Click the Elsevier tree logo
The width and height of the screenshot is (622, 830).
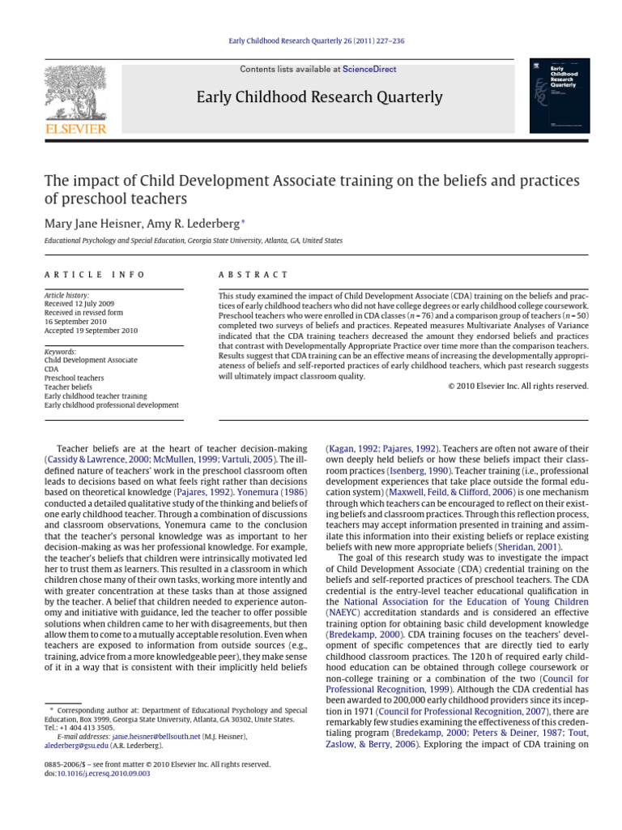(x=75, y=92)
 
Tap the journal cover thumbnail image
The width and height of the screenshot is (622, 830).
(x=559, y=96)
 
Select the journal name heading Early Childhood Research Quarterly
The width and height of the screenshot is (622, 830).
(x=320, y=98)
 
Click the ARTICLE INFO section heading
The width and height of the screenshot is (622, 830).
(x=95, y=275)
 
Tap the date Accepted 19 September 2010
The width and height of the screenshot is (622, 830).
(x=91, y=331)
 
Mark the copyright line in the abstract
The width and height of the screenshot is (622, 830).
(x=518, y=387)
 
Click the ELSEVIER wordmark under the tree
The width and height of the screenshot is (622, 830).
(x=75, y=129)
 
